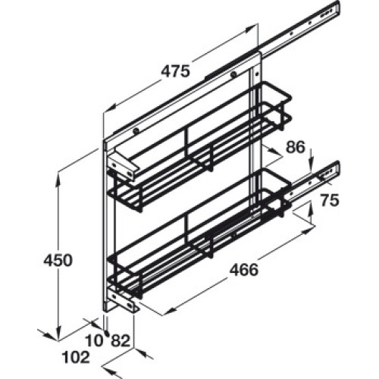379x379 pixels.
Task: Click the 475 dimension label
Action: pyautogui.click(x=175, y=71)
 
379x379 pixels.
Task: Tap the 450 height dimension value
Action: pyautogui.click(x=58, y=260)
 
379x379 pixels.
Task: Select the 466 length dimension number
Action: pyautogui.click(x=244, y=270)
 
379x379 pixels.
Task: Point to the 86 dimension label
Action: pyautogui.click(x=296, y=147)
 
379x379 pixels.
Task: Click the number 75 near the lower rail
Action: pyautogui.click(x=330, y=200)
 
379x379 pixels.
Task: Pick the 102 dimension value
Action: pyautogui.click(x=76, y=357)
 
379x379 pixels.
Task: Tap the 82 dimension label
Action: pyautogui.click(x=121, y=340)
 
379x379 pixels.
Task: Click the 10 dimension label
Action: pyautogui.click(x=95, y=340)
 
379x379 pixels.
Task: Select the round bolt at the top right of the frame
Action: pyautogui.click(x=233, y=74)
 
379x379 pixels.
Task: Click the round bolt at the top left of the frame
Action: pyautogui.click(x=136, y=131)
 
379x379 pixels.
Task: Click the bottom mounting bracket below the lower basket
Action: pyautogui.click(x=124, y=302)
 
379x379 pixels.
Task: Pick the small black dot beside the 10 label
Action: pyautogui.click(x=107, y=334)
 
